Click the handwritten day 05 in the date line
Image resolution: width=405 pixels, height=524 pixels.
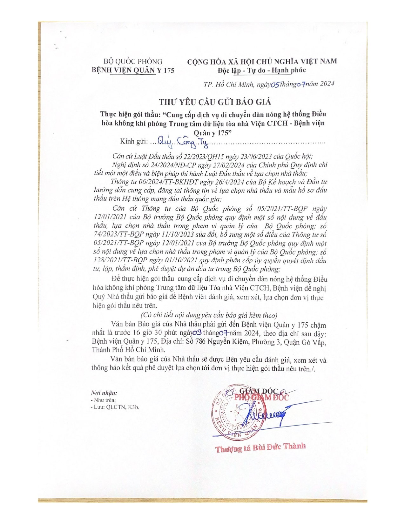(274, 84)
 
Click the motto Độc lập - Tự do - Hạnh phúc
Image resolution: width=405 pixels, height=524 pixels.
(261, 70)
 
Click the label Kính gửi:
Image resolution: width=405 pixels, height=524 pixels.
(134, 142)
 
